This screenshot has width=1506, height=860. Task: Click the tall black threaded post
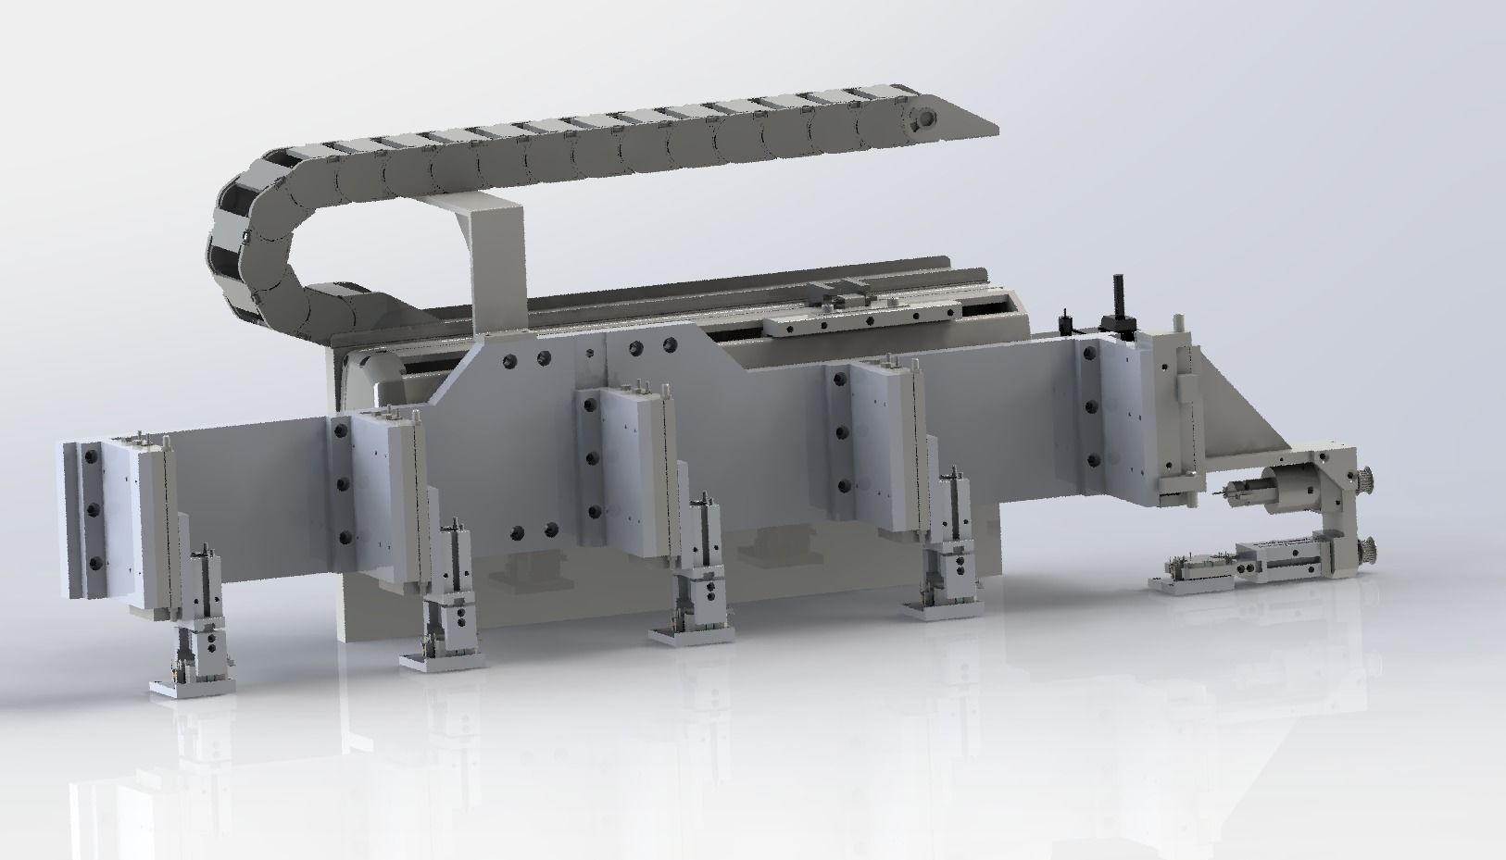[x=1117, y=302]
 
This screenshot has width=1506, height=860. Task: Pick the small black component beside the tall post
[x=1066, y=323]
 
